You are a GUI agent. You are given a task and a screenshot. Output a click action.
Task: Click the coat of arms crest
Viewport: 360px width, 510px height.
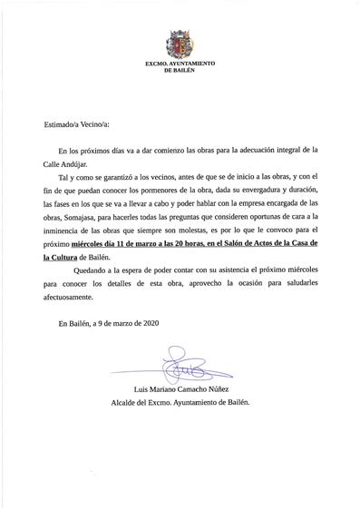coord(179,44)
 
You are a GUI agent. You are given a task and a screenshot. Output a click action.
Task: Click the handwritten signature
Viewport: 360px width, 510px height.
coord(177,367)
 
